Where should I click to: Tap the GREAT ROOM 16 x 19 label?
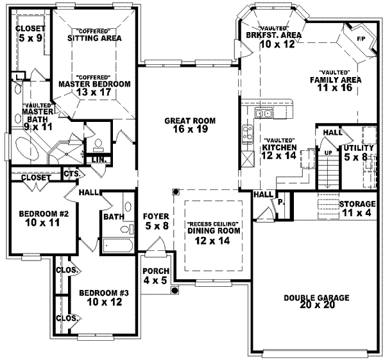189,124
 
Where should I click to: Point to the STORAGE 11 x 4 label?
357,208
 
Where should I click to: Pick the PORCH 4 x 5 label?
155,275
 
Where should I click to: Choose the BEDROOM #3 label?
104,297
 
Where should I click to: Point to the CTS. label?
71,173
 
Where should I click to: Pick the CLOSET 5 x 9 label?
30,33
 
